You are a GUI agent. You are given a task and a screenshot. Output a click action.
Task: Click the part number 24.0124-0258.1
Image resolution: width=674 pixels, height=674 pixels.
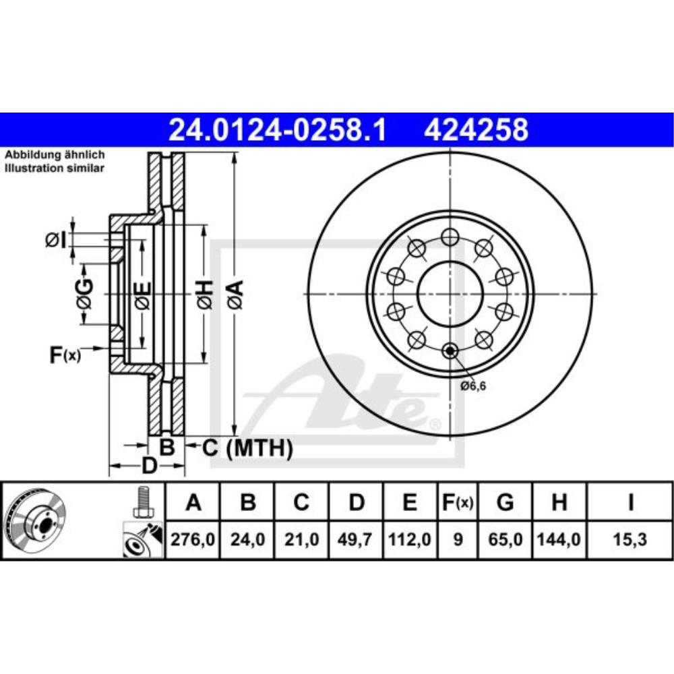[277, 129]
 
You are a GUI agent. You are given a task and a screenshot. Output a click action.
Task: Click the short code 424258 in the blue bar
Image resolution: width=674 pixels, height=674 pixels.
[476, 129]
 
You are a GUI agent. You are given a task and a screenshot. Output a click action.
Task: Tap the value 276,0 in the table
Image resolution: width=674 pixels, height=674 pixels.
[193, 540]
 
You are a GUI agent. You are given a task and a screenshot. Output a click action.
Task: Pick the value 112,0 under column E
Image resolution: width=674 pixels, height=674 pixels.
[409, 540]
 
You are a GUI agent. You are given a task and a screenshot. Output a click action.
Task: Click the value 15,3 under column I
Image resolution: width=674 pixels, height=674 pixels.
[630, 540]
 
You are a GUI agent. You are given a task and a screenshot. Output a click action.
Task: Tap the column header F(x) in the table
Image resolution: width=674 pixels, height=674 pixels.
[457, 502]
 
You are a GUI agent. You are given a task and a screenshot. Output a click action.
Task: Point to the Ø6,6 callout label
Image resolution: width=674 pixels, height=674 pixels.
[473, 386]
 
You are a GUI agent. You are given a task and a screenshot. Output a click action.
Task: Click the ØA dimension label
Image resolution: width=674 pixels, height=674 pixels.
[234, 295]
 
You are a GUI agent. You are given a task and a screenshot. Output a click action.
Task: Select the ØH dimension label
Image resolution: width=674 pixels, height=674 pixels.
[206, 295]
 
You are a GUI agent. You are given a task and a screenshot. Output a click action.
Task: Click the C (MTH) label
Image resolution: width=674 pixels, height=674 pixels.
[247, 447]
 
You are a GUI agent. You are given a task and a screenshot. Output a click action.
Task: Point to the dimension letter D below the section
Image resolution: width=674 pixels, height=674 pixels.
[148, 465]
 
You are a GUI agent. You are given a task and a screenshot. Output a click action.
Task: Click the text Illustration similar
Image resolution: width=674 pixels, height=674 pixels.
[55, 168]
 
